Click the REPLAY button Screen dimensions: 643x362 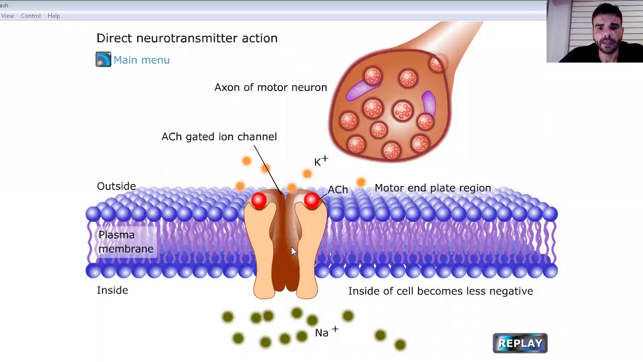520,343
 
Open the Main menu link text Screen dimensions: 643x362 142,60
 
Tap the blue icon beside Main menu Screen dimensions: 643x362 103,59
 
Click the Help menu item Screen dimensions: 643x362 54,16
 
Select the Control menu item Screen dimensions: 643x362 31,16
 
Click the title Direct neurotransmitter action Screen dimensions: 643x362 187,38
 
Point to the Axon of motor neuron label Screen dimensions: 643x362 271,87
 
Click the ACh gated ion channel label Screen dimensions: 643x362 220,137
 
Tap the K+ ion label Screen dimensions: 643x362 321,161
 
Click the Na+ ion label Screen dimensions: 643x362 327,331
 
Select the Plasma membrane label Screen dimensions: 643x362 126,242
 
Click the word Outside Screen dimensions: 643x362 116,186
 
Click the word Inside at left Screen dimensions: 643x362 112,290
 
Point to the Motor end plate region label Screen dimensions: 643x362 433,188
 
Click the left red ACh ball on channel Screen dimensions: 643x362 259,200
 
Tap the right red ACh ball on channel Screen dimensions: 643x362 312,200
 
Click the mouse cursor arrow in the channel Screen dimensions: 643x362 294,251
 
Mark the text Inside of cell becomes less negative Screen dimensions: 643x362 441,291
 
